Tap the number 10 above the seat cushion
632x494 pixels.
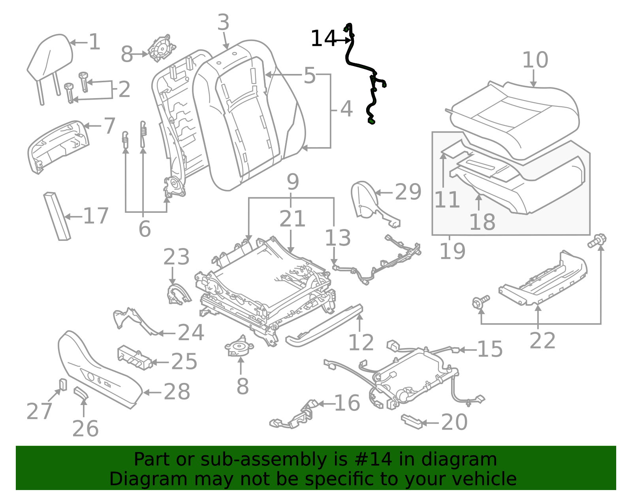coord(535,60)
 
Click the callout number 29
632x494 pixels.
coord(408,192)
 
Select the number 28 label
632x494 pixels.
coord(177,392)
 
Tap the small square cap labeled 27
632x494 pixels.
coord(63,384)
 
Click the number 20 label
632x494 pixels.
coord(454,422)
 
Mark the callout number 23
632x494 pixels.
coord(176,257)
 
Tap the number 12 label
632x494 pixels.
coord(361,343)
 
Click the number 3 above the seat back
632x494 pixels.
coord(223,23)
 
